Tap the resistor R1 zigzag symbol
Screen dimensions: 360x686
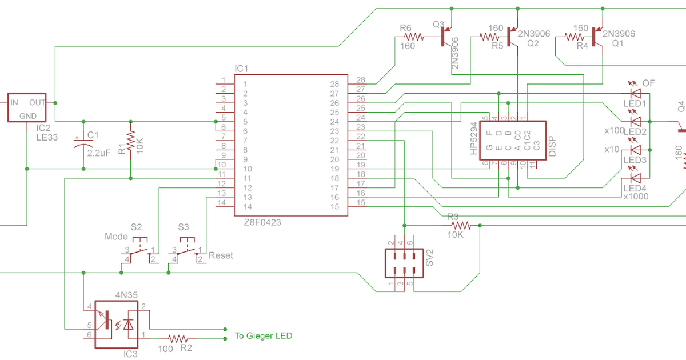(131, 139)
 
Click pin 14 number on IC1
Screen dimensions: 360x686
(248, 206)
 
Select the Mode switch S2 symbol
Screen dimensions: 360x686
(137, 250)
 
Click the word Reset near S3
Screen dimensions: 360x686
(221, 255)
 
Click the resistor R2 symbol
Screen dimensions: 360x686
(178, 338)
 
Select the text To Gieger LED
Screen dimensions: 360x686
(263, 335)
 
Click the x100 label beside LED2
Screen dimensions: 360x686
(614, 131)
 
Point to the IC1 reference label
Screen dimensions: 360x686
(241, 69)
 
